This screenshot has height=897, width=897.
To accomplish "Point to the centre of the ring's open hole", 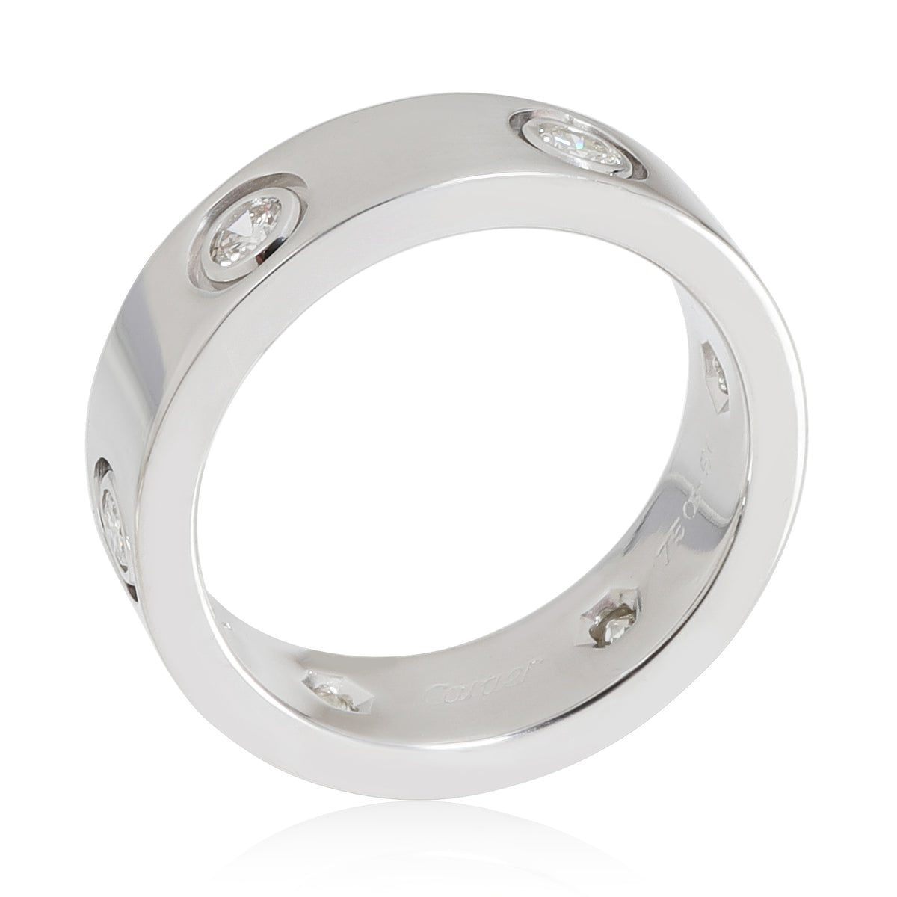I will (x=434, y=478).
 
